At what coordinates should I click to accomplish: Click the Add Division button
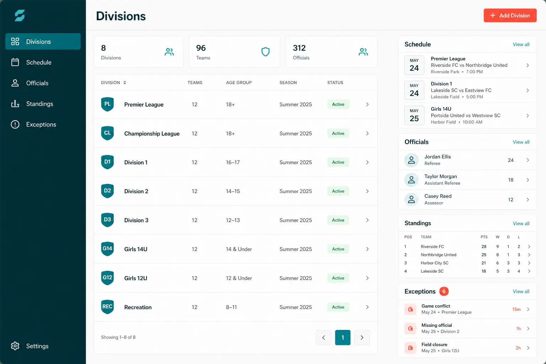pyautogui.click(x=510, y=15)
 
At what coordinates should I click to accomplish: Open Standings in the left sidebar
pyautogui.click(x=39, y=103)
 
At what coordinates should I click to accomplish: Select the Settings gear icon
pyautogui.click(x=15, y=346)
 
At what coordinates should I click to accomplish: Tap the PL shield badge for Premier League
pyautogui.click(x=107, y=104)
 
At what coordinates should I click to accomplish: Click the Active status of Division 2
pyautogui.click(x=338, y=191)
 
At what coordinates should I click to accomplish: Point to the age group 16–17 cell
pyautogui.click(x=233, y=162)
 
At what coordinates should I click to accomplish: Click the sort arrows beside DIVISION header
pyautogui.click(x=124, y=83)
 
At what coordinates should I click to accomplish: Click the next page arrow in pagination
pyautogui.click(x=362, y=337)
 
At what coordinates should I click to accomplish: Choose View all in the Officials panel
pyautogui.click(x=521, y=142)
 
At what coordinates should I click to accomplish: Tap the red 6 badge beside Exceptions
pyautogui.click(x=444, y=291)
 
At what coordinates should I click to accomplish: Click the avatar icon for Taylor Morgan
pyautogui.click(x=411, y=180)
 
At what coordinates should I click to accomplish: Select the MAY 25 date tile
pyautogui.click(x=414, y=115)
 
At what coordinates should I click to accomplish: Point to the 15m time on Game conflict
pyautogui.click(x=516, y=309)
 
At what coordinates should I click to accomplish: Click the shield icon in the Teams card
pyautogui.click(x=266, y=52)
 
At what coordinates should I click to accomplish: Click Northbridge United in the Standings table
pyautogui.click(x=438, y=255)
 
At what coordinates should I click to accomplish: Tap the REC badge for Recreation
pyautogui.click(x=107, y=307)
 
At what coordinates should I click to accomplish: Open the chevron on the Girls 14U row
pyautogui.click(x=367, y=249)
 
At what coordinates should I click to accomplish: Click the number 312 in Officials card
pyautogui.click(x=299, y=48)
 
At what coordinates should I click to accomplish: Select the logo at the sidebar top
pyautogui.click(x=20, y=16)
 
